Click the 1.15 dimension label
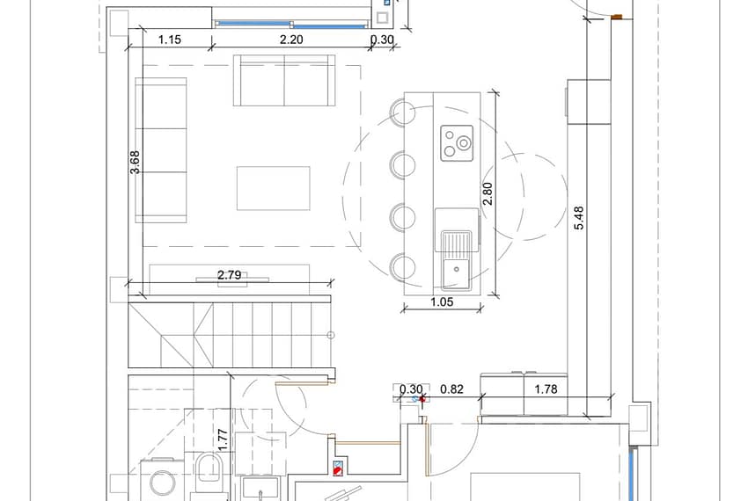coord(169,40)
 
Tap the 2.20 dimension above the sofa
coord(291,40)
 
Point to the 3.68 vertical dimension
coord(135,162)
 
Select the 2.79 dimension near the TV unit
coord(229,275)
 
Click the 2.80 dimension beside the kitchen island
coord(487,193)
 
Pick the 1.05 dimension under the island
coord(442,301)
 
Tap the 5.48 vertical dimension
coord(579,218)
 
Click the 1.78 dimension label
coord(546,389)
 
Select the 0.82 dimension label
coord(451,389)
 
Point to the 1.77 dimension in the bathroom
coord(223,440)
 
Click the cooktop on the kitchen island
coord(457,143)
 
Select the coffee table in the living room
coord(274,188)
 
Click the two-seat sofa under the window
coord(284,80)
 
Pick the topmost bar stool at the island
coord(403,113)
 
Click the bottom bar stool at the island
coord(403,267)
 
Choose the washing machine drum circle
coord(162,483)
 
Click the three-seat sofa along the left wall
coord(161,150)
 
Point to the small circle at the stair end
coord(331,335)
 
